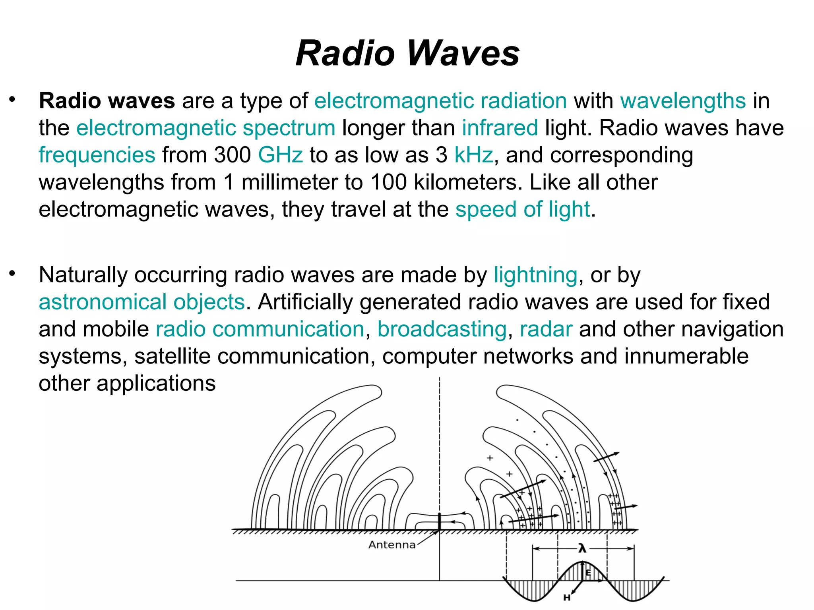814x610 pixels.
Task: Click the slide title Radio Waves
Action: (407, 53)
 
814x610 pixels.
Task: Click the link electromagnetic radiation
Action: (440, 101)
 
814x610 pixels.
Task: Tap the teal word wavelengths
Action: (683, 101)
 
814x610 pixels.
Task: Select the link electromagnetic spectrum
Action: (206, 128)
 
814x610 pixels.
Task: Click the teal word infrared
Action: (500, 128)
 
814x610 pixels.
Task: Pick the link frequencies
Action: (97, 155)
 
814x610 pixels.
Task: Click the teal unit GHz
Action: (280, 155)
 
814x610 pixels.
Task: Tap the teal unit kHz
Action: (473, 155)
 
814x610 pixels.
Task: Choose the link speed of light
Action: (523, 209)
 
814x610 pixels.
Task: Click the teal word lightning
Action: (535, 275)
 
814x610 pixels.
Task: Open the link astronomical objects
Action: (142, 302)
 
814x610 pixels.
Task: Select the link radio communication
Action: (260, 329)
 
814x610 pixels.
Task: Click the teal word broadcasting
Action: (442, 329)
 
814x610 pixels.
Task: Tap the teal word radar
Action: (546, 329)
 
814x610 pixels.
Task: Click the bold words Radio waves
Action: (107, 101)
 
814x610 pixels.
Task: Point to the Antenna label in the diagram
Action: (392, 545)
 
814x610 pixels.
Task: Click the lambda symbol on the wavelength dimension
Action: (582, 549)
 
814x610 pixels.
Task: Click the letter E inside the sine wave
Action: (588, 573)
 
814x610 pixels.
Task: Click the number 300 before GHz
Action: (233, 155)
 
